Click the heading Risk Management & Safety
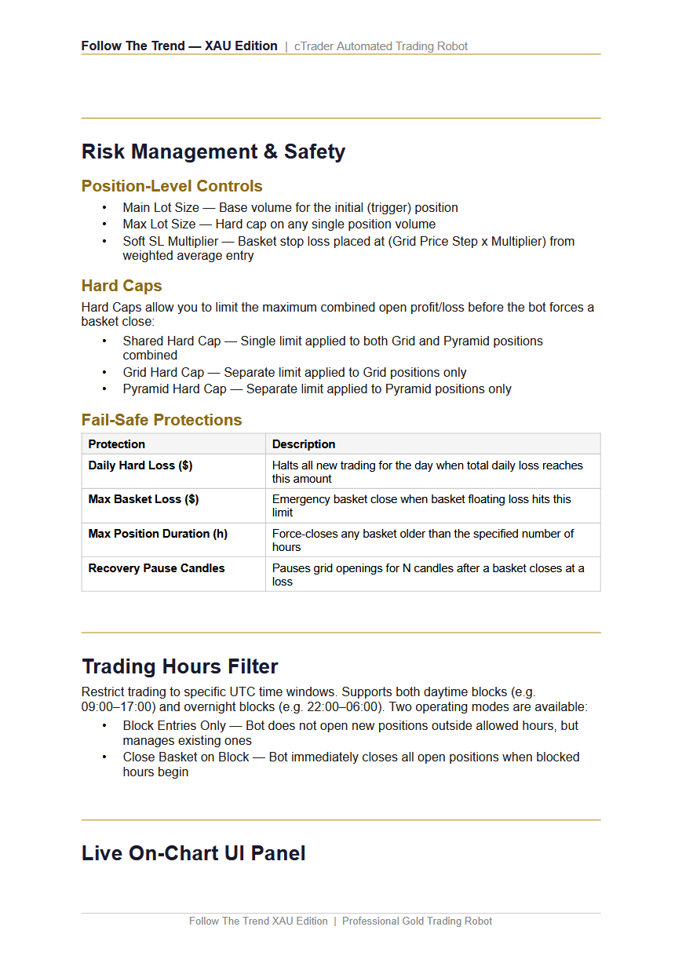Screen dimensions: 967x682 click(x=213, y=151)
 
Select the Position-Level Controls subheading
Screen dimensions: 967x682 click(x=172, y=186)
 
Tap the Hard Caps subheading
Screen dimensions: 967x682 click(x=122, y=286)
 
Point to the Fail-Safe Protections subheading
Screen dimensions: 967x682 click(x=162, y=420)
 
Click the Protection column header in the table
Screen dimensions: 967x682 click(x=116, y=444)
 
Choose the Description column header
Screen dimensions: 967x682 click(x=304, y=444)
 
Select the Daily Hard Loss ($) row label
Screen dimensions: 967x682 click(x=140, y=465)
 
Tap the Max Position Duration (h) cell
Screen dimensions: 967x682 click(x=158, y=534)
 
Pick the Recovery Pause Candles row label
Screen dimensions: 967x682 click(x=156, y=568)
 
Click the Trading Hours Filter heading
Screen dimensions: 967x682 click(x=180, y=666)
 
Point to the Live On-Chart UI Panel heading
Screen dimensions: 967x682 click(x=193, y=853)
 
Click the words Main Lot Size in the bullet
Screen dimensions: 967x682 click(x=161, y=208)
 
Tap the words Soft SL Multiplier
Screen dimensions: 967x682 click(x=170, y=242)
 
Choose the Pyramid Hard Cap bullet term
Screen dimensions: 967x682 click(x=173, y=389)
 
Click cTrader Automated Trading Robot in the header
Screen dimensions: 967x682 click(x=381, y=46)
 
